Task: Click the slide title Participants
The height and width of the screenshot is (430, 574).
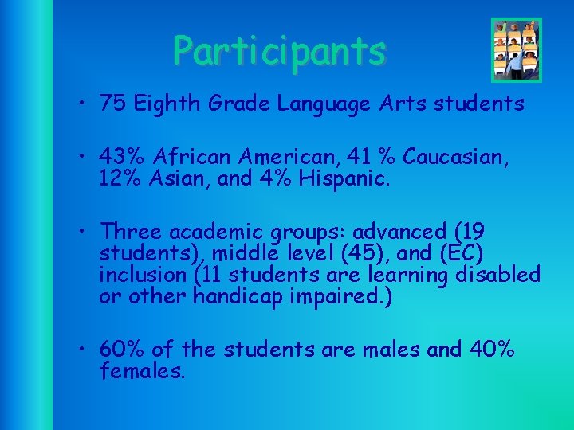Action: (280, 51)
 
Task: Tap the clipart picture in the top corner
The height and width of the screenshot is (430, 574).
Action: (516, 49)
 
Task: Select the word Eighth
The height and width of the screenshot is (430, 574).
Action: (164, 104)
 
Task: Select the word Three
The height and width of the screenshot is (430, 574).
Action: (133, 232)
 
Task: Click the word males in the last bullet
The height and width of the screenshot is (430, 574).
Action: (387, 349)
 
